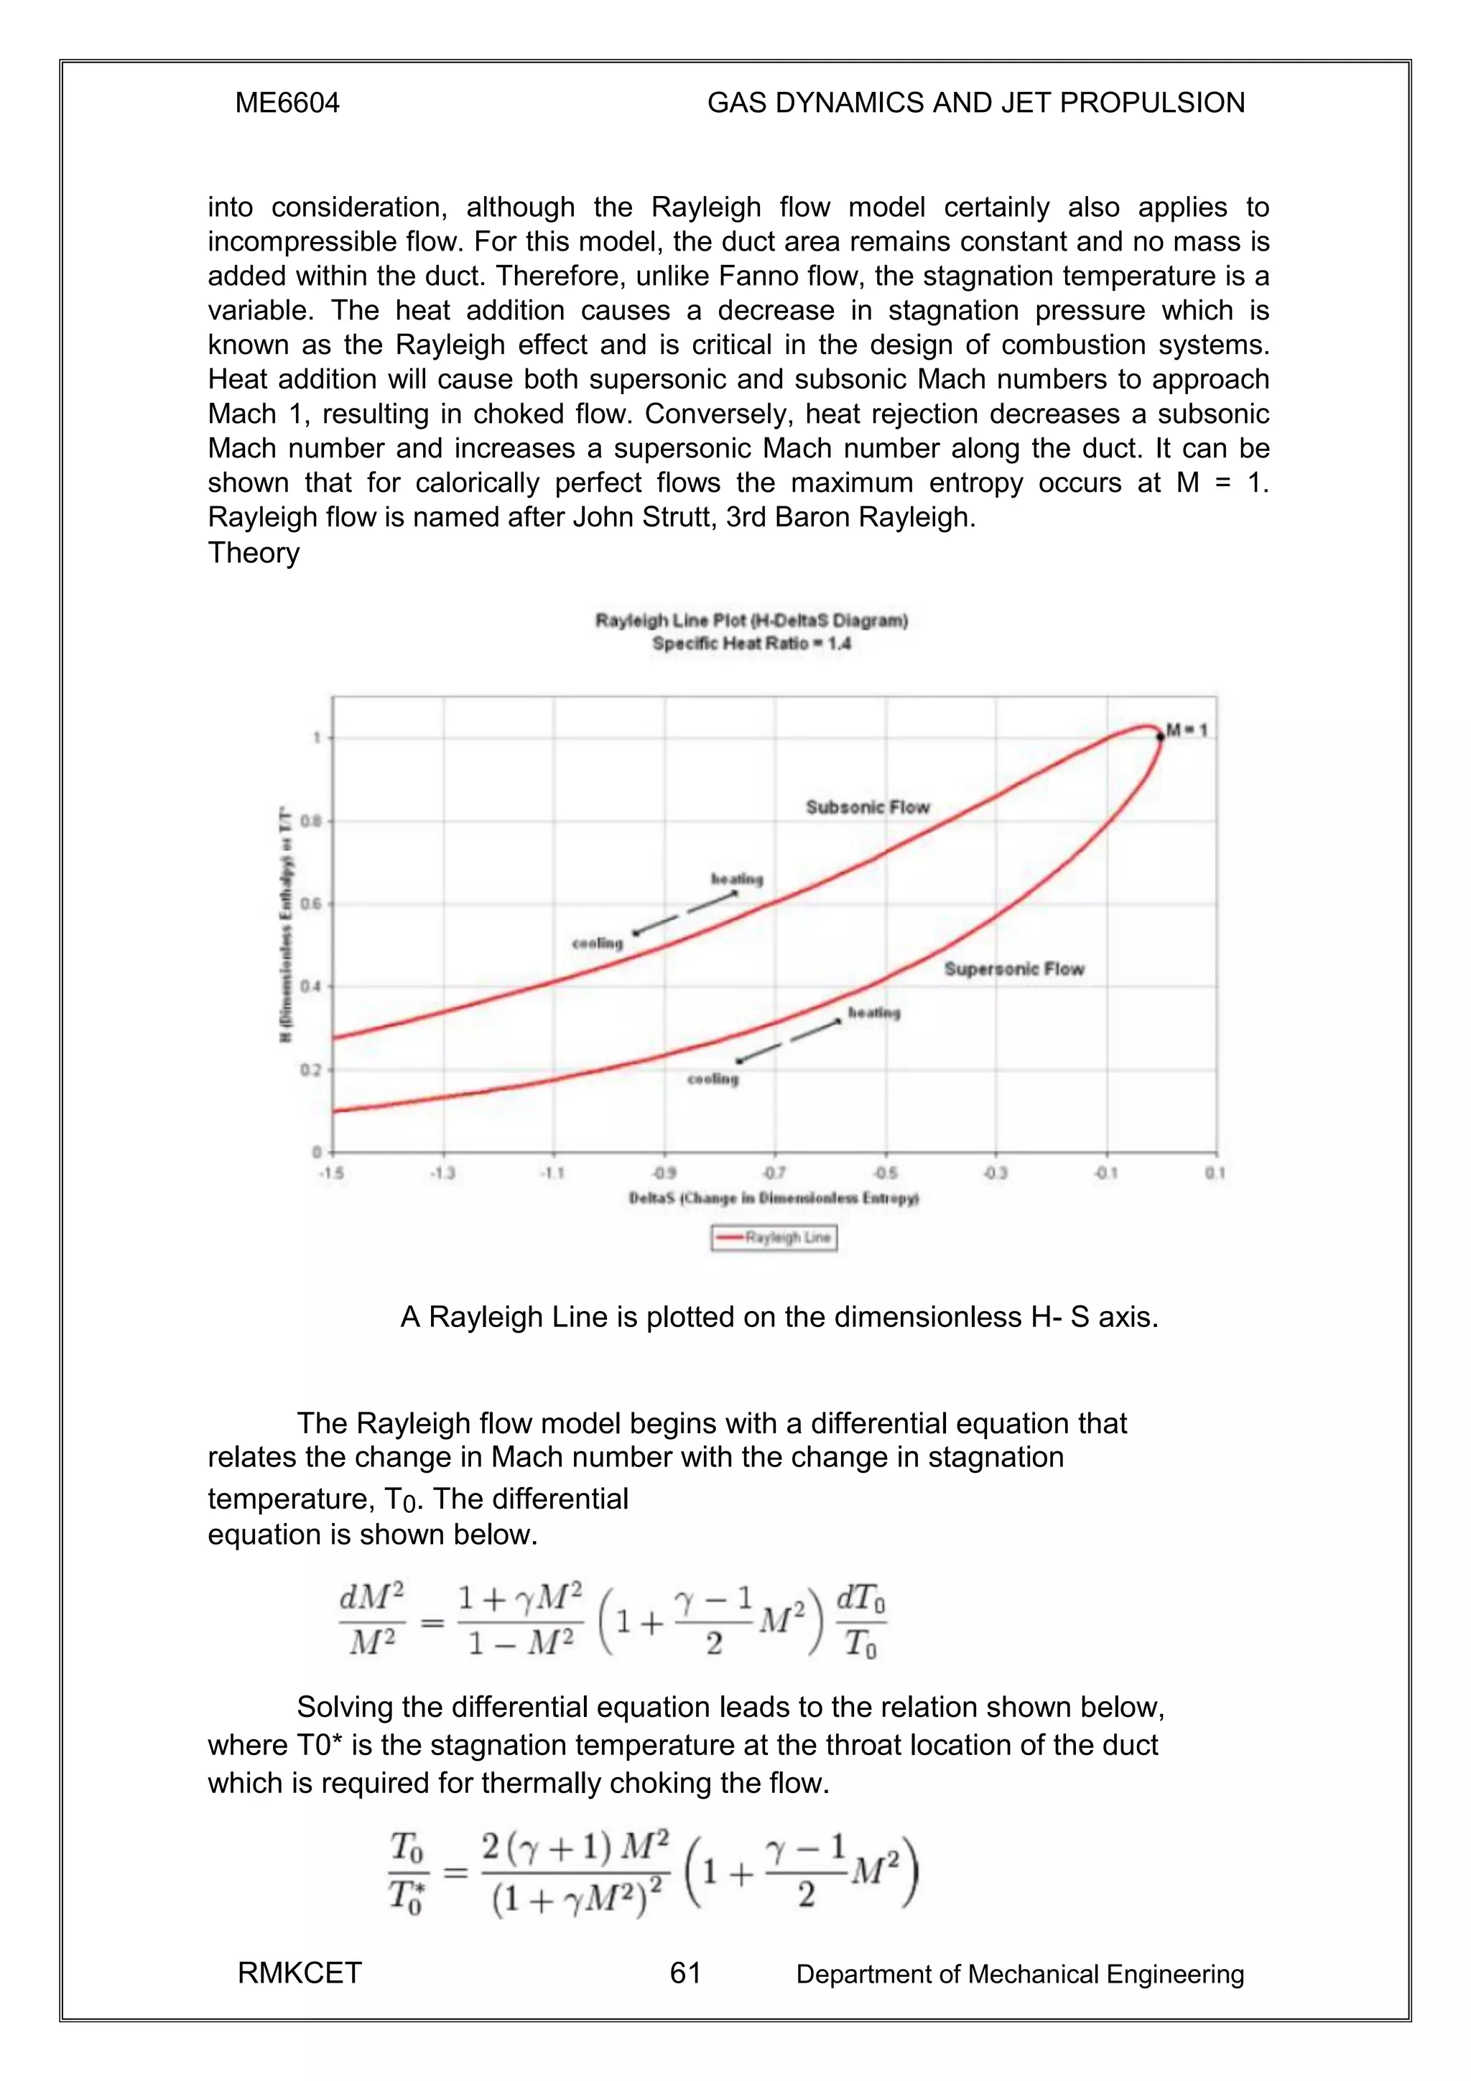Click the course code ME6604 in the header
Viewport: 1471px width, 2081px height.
287,103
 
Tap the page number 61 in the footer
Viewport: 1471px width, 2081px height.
685,1973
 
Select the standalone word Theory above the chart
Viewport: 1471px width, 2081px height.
254,553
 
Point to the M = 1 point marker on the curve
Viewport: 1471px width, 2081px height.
1160,737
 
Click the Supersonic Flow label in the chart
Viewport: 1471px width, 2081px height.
1013,969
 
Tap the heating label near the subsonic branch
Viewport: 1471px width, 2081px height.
737,879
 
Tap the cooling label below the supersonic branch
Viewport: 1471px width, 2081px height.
713,1079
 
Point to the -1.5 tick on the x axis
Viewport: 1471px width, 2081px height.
331,1173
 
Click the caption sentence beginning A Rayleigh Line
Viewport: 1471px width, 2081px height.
779,1317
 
